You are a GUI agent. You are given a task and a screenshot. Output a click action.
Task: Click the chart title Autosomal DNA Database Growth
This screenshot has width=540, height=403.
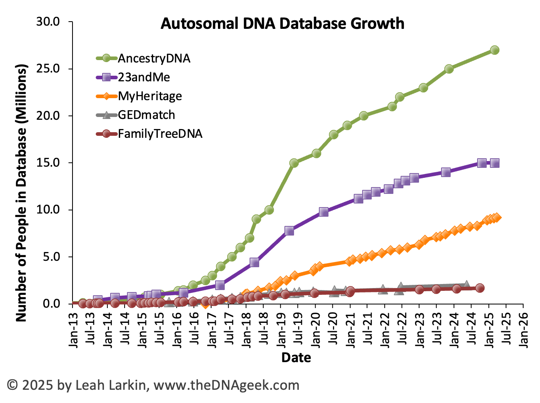(282, 24)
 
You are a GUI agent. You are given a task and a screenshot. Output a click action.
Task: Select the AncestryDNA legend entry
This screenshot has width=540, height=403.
(154, 58)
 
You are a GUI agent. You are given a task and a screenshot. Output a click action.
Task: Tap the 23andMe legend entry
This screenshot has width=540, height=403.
(144, 77)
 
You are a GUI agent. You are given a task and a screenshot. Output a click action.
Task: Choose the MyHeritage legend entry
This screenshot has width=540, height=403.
(149, 96)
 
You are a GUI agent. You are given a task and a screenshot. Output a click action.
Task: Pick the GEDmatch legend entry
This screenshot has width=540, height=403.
(146, 115)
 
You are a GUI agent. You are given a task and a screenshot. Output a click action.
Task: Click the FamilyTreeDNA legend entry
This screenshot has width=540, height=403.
(160, 134)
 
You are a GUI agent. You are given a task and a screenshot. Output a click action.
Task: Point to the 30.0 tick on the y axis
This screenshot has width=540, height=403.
(48, 22)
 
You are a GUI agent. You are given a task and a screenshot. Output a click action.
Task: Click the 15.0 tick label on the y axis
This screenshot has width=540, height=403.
(48, 163)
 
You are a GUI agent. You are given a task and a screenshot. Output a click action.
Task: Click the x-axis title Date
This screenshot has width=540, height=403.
(296, 357)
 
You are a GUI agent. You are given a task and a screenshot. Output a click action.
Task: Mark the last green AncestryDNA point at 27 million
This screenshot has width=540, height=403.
(495, 50)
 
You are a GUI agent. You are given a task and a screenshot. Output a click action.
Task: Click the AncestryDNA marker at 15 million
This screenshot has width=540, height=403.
(294, 163)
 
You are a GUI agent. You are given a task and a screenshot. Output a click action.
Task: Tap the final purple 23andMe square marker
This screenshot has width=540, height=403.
(495, 163)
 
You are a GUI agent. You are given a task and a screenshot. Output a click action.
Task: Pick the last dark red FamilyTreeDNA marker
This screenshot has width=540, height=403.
(480, 288)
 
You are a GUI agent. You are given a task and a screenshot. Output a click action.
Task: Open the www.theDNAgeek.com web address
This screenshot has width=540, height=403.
(226, 385)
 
